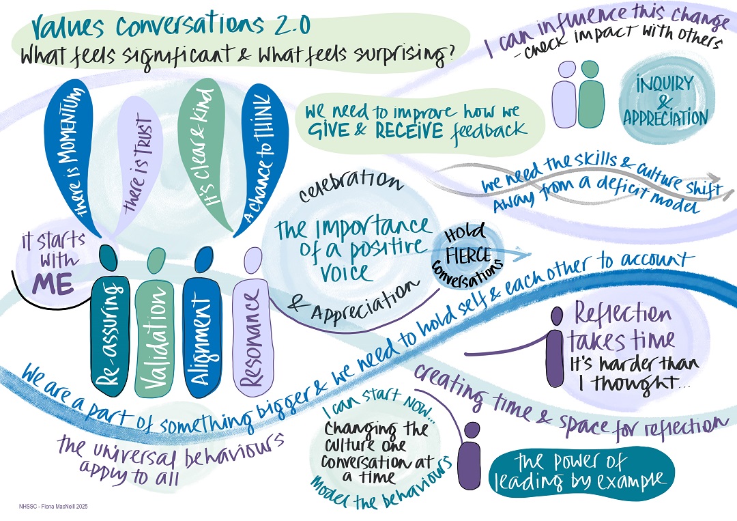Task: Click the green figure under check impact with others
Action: [x=591, y=96]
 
